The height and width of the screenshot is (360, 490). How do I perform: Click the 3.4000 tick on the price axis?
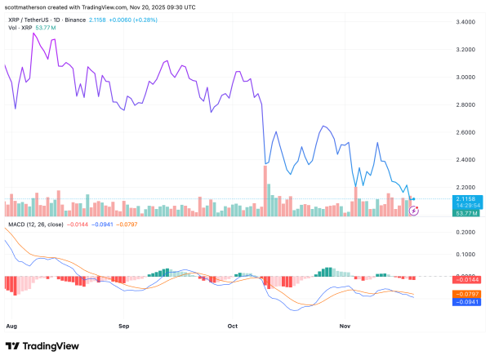467,22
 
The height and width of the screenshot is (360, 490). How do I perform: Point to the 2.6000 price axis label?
467,132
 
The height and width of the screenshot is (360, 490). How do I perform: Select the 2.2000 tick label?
467,188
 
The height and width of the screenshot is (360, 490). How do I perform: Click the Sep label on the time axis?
124,326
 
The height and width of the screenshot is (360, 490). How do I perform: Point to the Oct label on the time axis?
233,326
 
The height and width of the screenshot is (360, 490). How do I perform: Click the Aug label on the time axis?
11,326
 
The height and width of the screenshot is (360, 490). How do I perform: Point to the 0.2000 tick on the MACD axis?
467,232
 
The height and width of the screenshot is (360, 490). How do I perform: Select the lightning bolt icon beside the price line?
414,211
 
